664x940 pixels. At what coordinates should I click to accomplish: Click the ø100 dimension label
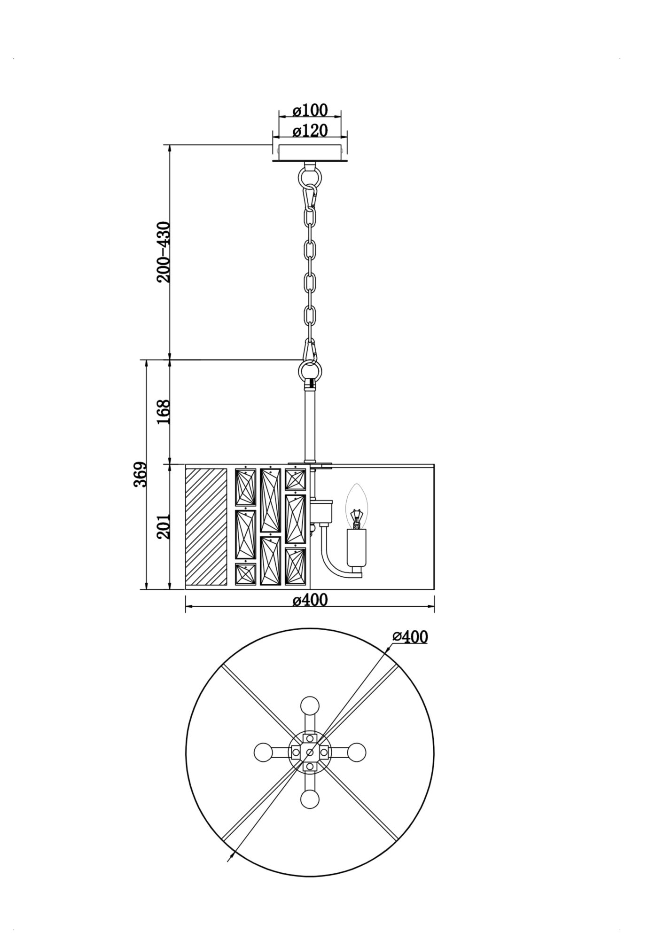310,110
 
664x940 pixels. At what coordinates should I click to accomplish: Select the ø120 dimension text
310,130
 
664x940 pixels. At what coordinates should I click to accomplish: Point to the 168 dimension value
164,412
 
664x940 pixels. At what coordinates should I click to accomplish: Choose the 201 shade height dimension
164,526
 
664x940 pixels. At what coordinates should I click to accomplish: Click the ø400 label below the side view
310,600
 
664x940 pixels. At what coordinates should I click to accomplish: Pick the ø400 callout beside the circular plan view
410,637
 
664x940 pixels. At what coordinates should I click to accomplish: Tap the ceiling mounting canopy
310,154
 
